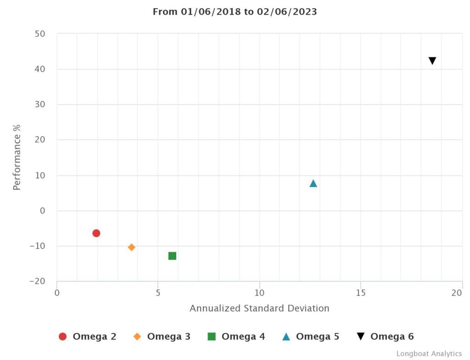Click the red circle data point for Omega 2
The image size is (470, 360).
click(x=96, y=233)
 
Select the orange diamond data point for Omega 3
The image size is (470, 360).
click(x=132, y=247)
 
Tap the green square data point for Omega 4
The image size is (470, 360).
click(x=172, y=256)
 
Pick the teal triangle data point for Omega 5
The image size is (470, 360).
click(x=313, y=183)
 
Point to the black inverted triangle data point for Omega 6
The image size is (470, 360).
click(x=432, y=61)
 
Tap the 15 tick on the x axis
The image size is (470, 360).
click(x=361, y=293)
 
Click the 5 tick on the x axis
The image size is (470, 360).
click(x=158, y=293)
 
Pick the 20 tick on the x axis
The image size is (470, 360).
click(x=456, y=293)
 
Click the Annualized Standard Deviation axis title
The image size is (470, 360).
click(x=259, y=308)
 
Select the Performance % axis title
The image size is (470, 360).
click(x=17, y=157)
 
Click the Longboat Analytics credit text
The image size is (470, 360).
click(x=429, y=354)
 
